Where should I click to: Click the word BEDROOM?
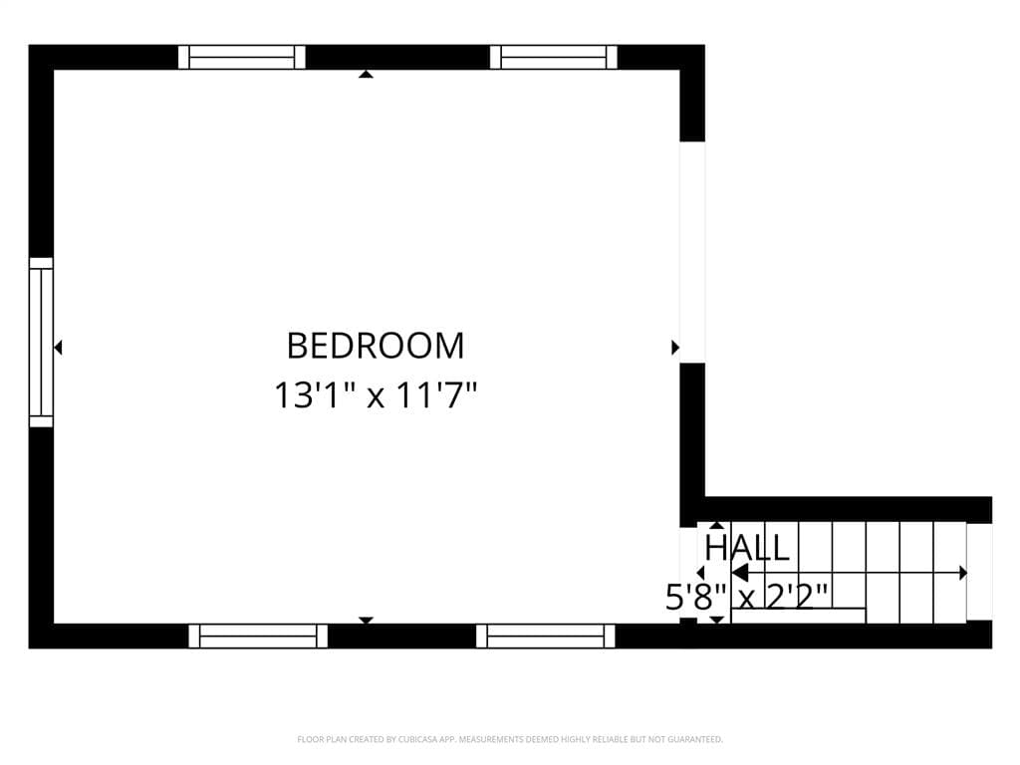(x=376, y=346)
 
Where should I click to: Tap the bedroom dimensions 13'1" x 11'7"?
(x=376, y=394)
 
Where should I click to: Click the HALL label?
(x=747, y=548)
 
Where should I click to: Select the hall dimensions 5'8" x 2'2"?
(x=746, y=597)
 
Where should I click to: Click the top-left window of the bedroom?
(x=242, y=57)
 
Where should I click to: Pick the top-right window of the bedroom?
(x=553, y=57)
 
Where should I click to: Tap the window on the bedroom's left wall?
(x=41, y=343)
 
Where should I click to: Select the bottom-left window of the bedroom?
(x=258, y=637)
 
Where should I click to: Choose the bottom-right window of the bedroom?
(x=545, y=637)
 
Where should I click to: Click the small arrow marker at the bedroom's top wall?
(x=367, y=74)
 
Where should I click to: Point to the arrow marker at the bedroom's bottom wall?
(x=367, y=620)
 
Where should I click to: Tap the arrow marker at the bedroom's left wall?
(x=58, y=348)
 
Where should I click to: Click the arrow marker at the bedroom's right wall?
(x=675, y=348)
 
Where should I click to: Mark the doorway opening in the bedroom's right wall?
(x=692, y=252)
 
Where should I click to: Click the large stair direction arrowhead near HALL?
(x=740, y=573)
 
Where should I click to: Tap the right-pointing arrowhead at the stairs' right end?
(x=963, y=573)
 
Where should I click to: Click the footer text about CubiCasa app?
(x=510, y=740)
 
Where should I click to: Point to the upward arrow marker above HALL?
(x=716, y=525)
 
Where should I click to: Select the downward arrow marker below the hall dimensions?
(x=716, y=620)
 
